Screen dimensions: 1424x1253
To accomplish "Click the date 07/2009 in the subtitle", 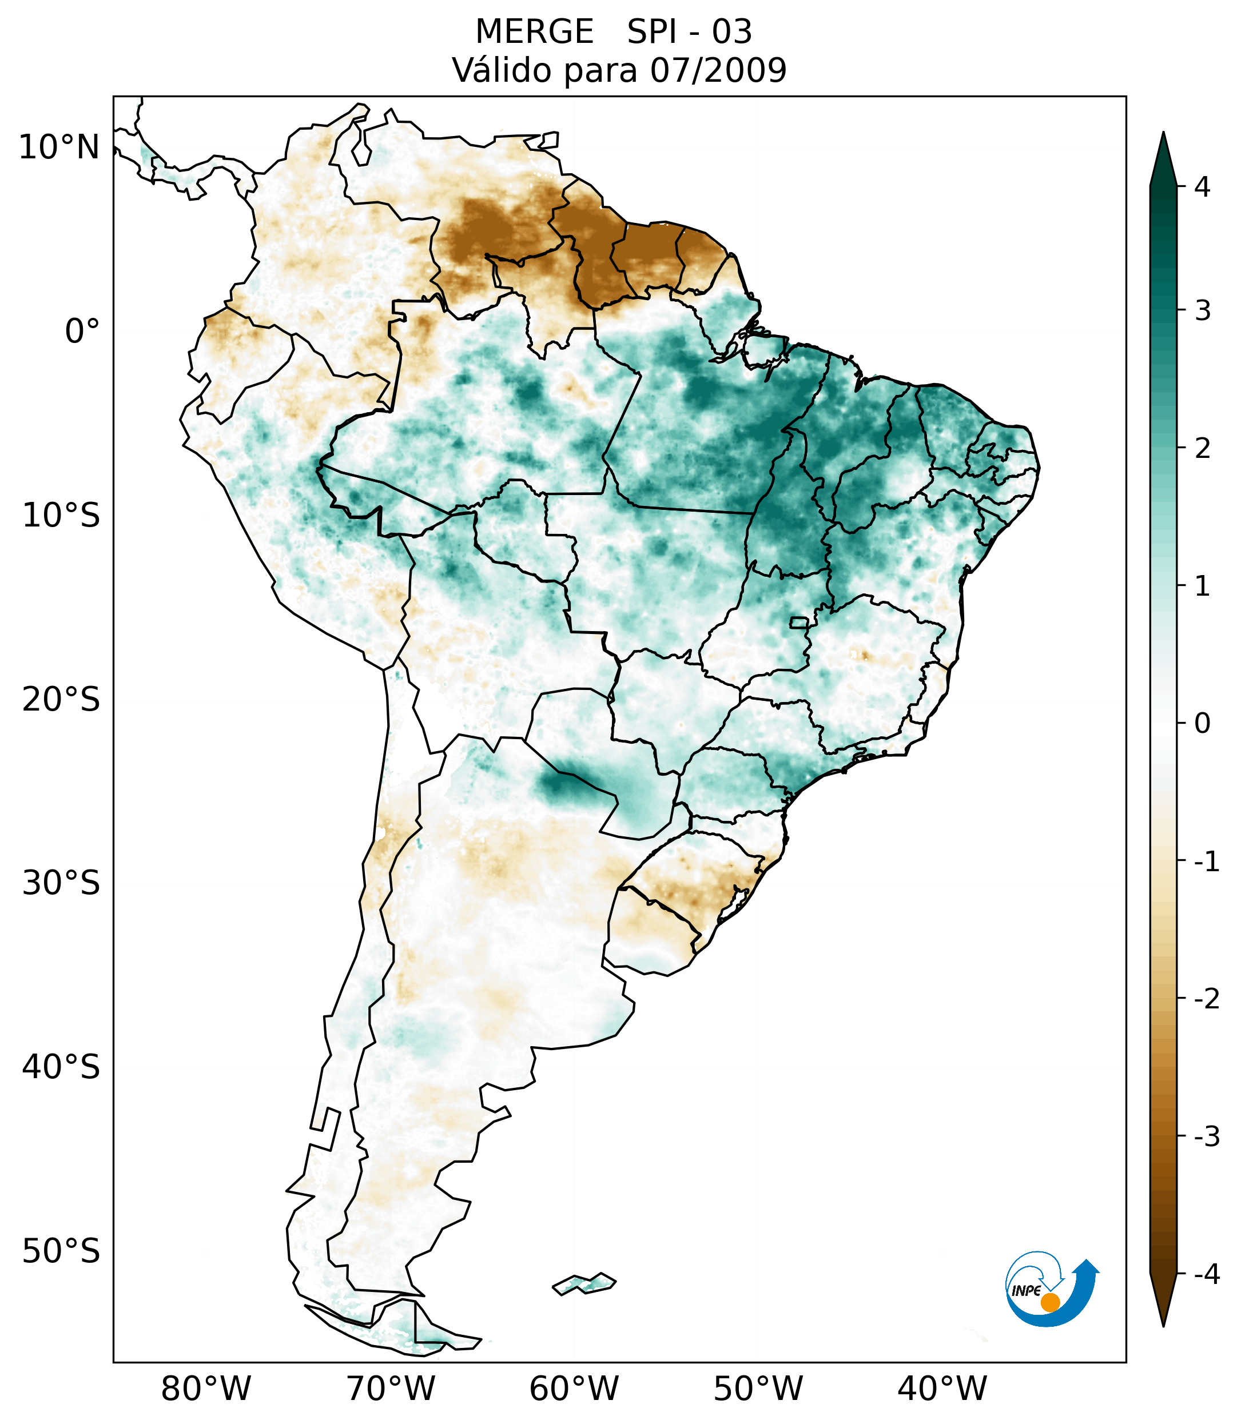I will (x=718, y=70).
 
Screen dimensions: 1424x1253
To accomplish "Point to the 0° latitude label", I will (x=82, y=332).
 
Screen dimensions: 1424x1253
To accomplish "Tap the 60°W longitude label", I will (x=574, y=1388).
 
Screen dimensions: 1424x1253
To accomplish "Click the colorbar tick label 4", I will (x=1202, y=187).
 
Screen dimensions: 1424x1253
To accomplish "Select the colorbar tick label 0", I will (x=1202, y=724).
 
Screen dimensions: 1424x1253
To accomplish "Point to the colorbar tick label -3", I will (x=1206, y=1136).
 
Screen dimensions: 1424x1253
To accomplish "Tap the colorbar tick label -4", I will (x=1206, y=1274).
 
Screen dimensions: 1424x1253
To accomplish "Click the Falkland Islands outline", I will (x=584, y=1283).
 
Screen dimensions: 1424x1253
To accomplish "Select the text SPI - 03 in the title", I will (x=689, y=32).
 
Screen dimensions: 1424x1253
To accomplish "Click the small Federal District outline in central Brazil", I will (x=798, y=622).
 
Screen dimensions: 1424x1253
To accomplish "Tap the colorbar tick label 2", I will (x=1202, y=449).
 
